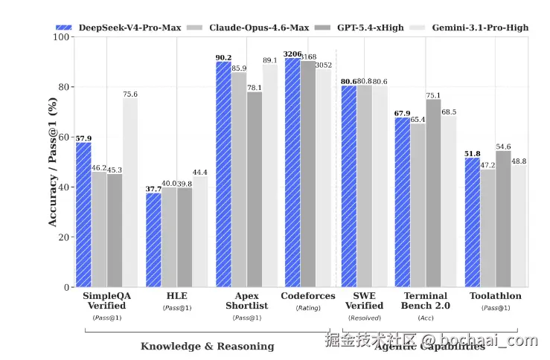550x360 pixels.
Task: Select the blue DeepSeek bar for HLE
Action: coord(153,240)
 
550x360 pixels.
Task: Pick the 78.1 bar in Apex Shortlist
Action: coord(255,189)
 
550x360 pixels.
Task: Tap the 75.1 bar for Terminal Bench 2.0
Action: coord(433,193)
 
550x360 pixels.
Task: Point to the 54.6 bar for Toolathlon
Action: coord(503,219)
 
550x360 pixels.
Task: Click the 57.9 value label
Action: coord(83,138)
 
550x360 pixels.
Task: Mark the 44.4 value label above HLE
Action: coord(199,173)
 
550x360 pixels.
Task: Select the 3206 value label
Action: coord(292,54)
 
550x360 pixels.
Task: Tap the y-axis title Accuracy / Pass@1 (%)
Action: coord(52,162)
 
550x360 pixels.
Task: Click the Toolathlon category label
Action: coord(495,296)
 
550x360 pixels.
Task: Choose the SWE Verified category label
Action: coord(365,300)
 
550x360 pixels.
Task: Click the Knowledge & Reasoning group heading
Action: coord(207,346)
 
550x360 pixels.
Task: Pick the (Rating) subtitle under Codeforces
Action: coord(307,307)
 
